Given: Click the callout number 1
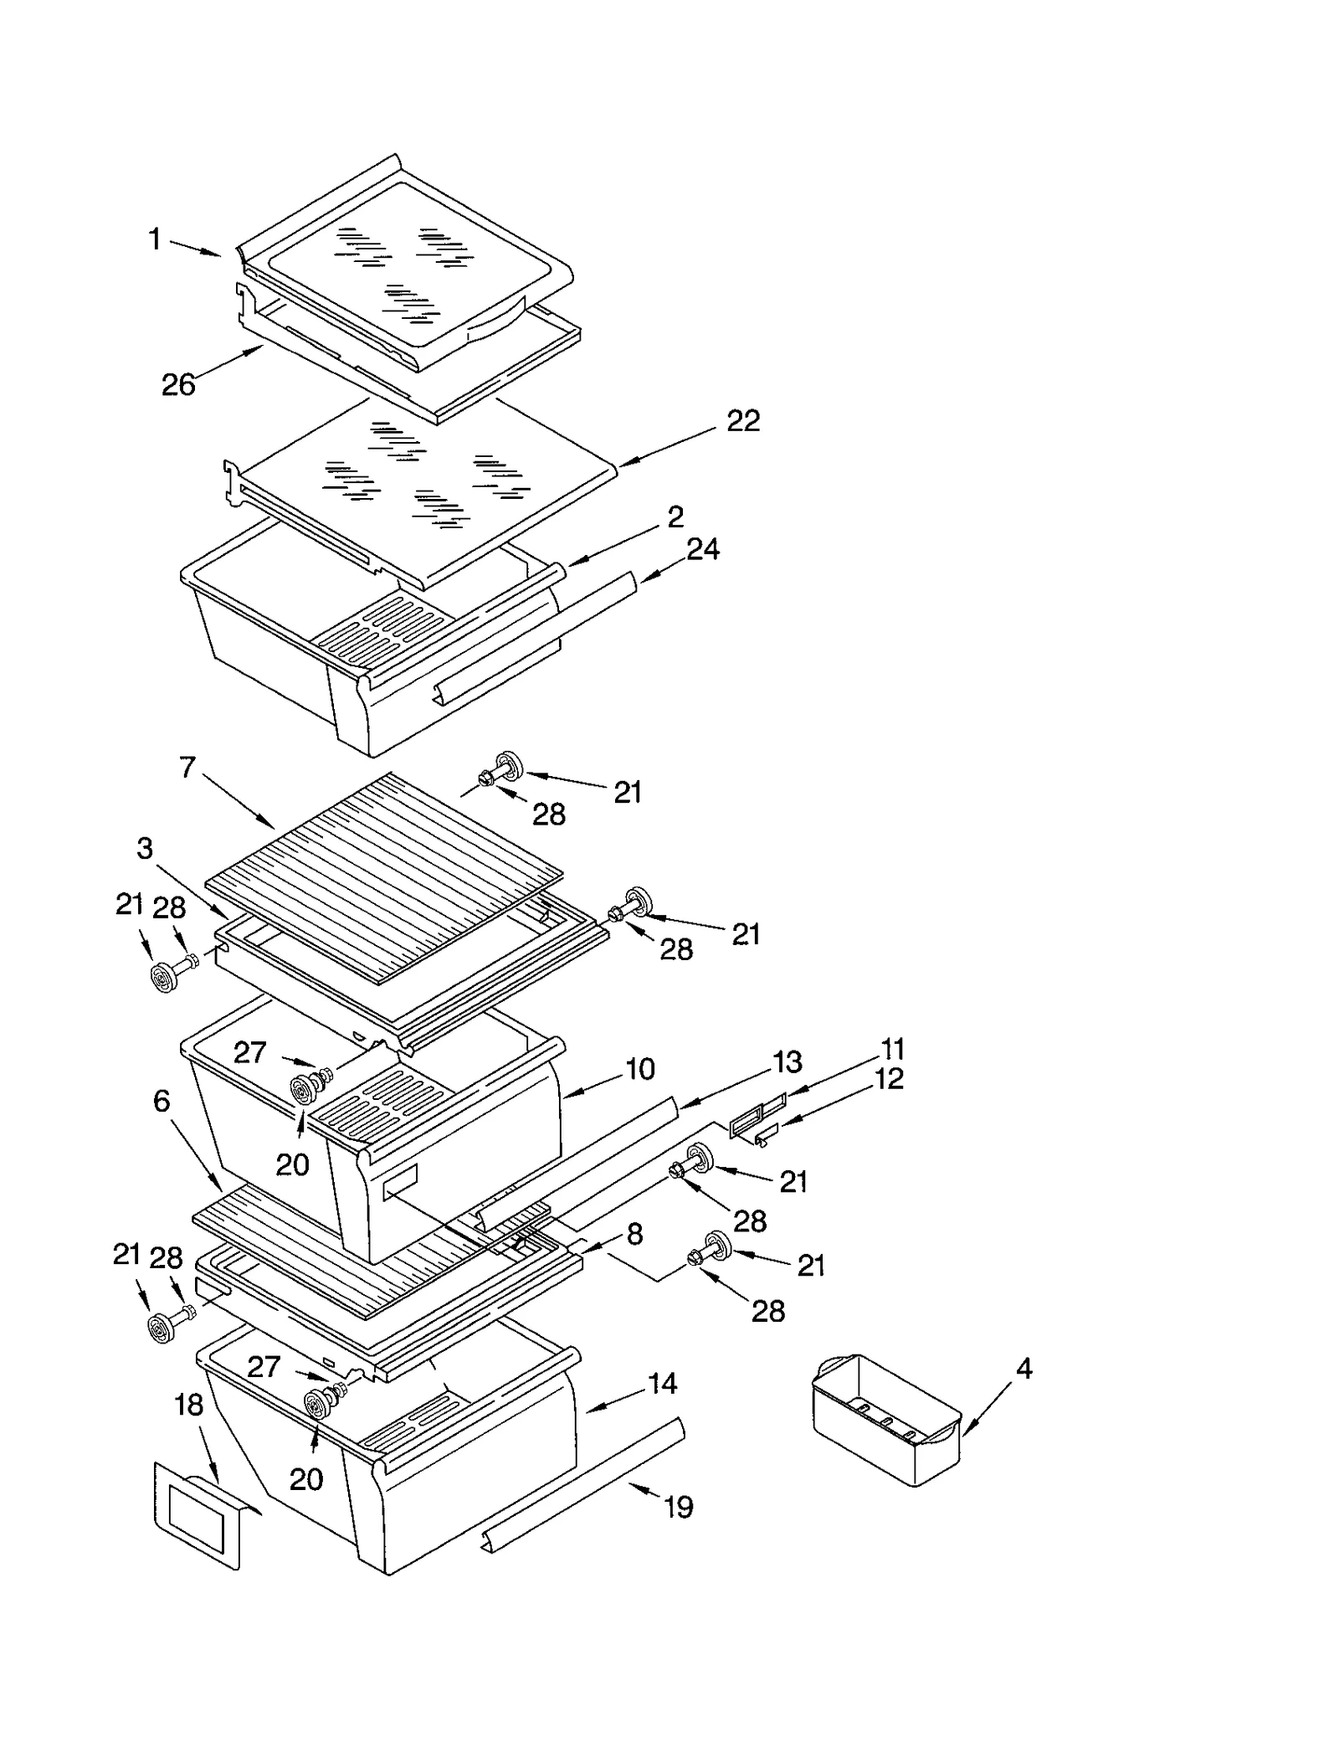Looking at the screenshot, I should [155, 240].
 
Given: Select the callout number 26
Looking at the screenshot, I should [178, 385].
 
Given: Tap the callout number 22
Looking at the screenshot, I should [743, 421].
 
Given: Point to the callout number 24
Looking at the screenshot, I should [703, 549].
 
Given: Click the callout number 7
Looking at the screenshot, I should [187, 767].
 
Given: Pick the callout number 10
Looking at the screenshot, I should [640, 1069].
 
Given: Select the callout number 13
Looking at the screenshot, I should [787, 1061].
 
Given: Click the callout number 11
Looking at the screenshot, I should [892, 1049].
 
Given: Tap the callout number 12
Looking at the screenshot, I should [889, 1079].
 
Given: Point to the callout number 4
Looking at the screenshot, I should [1024, 1370].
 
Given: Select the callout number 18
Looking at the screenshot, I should [189, 1405].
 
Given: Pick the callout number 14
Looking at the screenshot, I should [662, 1384].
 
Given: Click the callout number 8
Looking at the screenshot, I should [634, 1234].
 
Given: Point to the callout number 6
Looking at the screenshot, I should [162, 1101].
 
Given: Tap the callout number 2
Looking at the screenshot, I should [675, 516].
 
